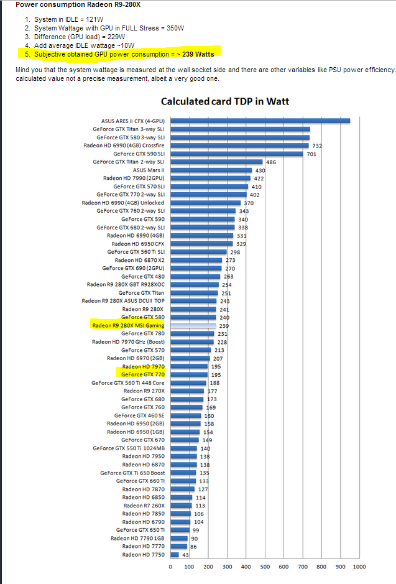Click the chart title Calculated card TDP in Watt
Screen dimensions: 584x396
tap(224, 101)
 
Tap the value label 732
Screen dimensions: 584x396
tap(317, 146)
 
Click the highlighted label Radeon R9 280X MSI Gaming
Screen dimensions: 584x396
tap(128, 325)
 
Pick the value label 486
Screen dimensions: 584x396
tap(271, 162)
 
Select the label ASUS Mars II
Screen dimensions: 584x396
tap(149, 170)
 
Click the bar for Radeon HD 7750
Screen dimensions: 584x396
tap(175, 554)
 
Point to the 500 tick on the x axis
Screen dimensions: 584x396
tap(265, 567)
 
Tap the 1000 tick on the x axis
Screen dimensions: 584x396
tap(359, 567)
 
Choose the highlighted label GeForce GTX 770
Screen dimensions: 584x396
tap(142, 375)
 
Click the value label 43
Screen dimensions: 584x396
tap(185, 554)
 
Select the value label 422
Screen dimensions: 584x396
tap(259, 178)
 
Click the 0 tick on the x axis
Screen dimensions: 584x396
tap(170, 567)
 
